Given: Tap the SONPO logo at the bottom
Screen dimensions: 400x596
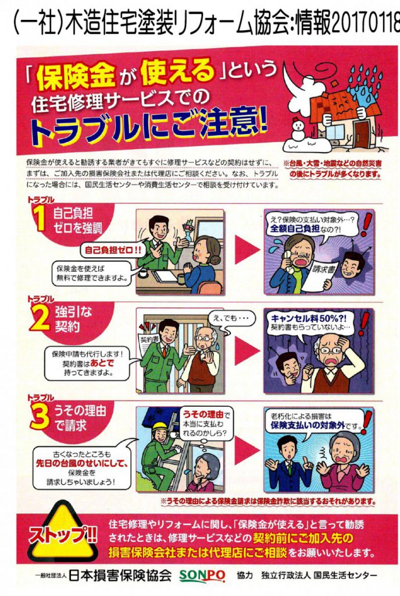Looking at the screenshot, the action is click(x=202, y=576).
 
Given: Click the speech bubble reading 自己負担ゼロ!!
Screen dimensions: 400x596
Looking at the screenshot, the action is click(x=113, y=250).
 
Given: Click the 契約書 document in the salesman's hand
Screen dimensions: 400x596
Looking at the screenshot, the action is click(x=146, y=343).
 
